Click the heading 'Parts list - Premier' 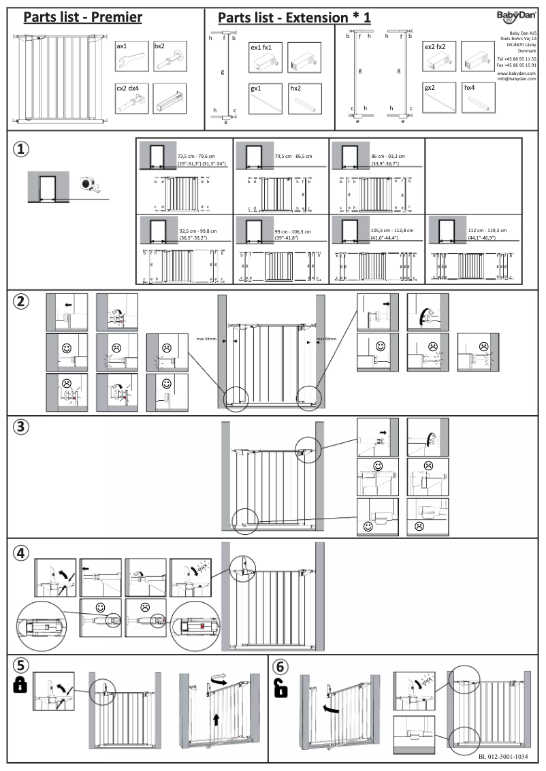(83, 17)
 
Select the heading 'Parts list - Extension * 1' (294, 18)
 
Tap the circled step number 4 (22, 553)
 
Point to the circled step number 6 (281, 665)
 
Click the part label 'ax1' (122, 46)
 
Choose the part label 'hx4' (470, 88)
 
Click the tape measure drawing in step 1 (89, 184)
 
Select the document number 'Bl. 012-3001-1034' (503, 757)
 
